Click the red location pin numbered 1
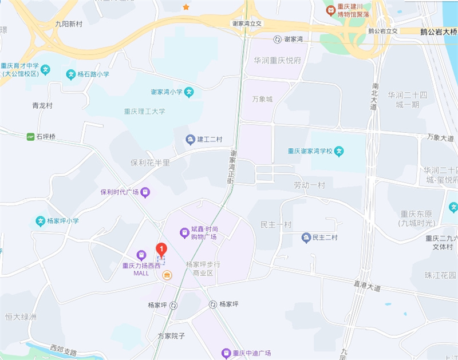161,250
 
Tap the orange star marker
185,7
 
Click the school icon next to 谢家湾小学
189,92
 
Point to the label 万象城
262,99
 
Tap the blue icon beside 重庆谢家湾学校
339,152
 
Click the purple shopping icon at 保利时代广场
146,192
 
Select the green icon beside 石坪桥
30,137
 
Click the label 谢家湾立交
247,23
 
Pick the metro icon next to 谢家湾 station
278,39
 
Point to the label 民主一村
276,224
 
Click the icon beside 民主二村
306,237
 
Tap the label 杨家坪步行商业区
199,268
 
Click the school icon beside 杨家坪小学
41,221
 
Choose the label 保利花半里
150,163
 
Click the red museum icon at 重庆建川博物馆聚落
330,10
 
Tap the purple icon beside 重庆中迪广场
227,353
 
